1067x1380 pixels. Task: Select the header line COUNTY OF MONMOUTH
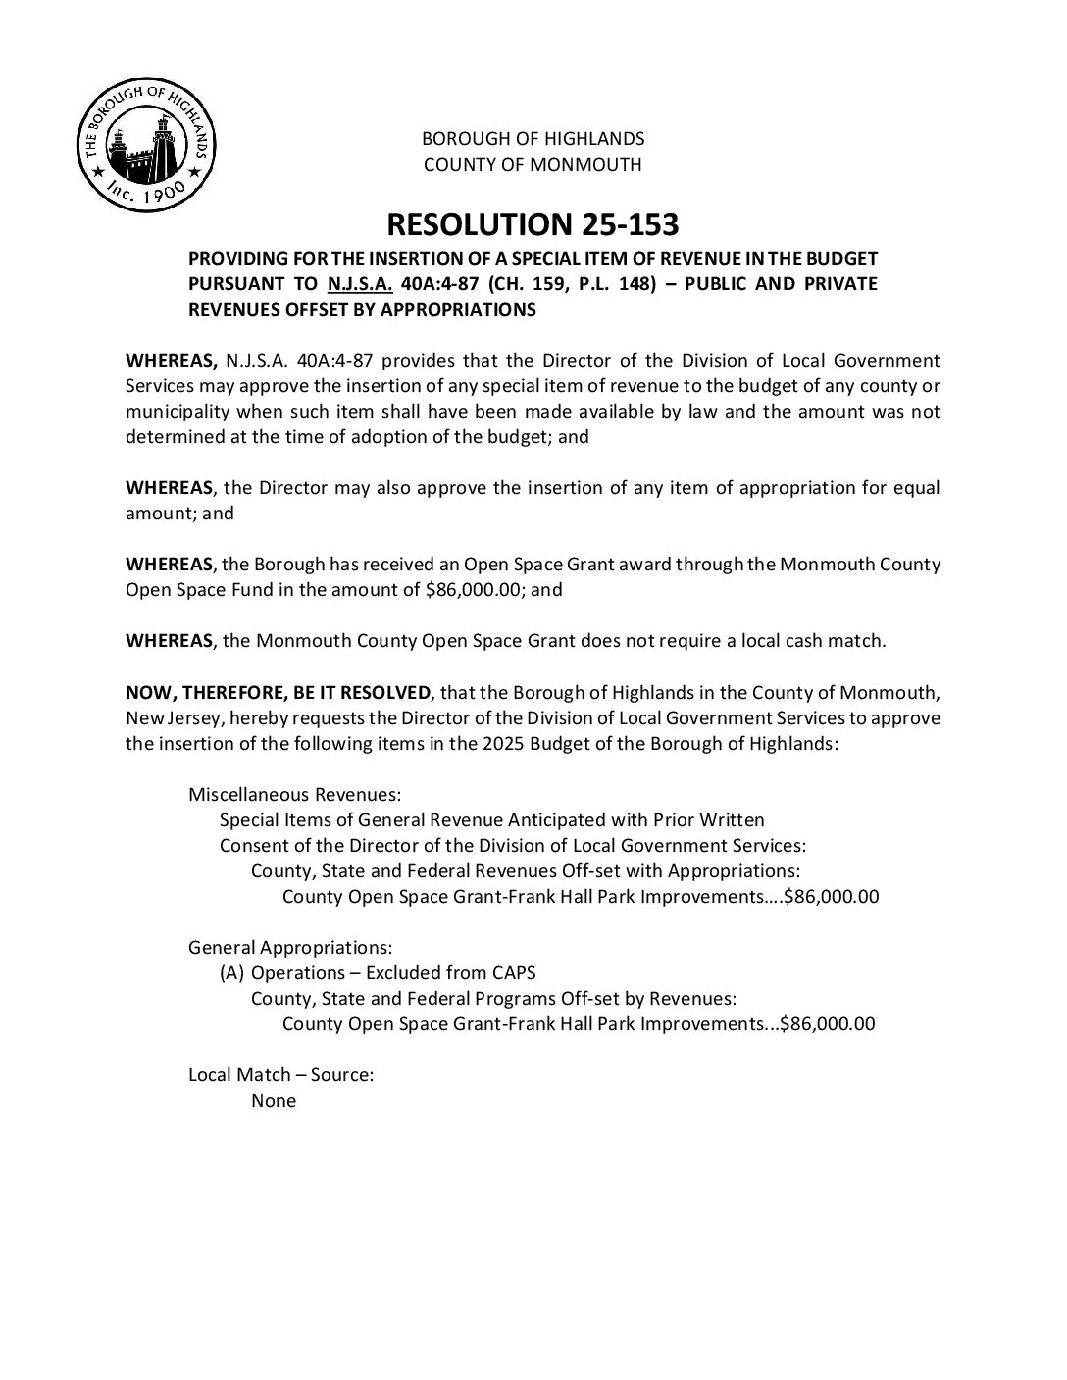click(x=533, y=165)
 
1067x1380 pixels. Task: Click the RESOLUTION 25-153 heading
click(x=533, y=224)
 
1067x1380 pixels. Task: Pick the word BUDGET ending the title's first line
click(x=842, y=259)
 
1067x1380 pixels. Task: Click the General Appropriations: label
click(x=290, y=948)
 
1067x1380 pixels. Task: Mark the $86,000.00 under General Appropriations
click(x=828, y=1024)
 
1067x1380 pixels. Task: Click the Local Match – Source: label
click(x=280, y=1075)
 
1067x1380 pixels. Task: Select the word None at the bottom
click(x=274, y=1101)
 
